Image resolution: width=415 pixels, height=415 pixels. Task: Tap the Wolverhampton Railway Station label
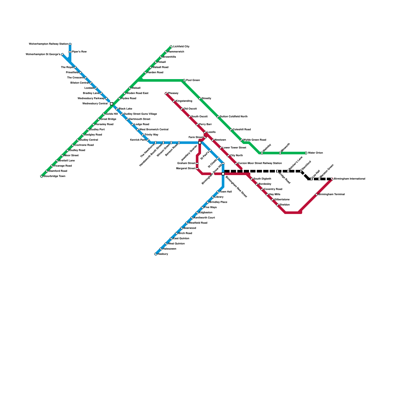[x=48, y=44]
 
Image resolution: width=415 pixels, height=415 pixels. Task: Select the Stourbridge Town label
[x=54, y=176]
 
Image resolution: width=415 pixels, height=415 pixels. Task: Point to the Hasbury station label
[x=163, y=254]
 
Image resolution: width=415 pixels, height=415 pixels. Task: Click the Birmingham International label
[x=349, y=179]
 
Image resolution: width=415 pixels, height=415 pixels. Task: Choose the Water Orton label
[x=315, y=153]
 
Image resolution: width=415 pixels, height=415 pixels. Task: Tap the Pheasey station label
[x=173, y=93]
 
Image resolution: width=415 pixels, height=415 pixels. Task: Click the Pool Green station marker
[x=184, y=80]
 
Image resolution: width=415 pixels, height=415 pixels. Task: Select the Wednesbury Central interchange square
[x=112, y=104]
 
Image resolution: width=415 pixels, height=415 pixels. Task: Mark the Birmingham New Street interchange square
[x=223, y=174]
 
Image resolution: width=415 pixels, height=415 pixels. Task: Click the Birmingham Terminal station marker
[x=316, y=195]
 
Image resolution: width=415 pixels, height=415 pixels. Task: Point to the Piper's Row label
[x=79, y=52]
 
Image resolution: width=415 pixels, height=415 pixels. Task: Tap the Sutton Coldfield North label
[x=233, y=117]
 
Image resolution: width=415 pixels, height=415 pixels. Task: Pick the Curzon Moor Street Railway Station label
[x=260, y=163]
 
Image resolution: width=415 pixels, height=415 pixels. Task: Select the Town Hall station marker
[x=218, y=192]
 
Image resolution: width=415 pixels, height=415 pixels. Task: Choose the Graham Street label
[x=186, y=163]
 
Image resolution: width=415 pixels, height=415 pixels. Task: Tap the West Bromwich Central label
[x=154, y=130]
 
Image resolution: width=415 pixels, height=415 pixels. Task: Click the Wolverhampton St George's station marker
[x=62, y=54]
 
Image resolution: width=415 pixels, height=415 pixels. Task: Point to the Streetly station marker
[x=200, y=99]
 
